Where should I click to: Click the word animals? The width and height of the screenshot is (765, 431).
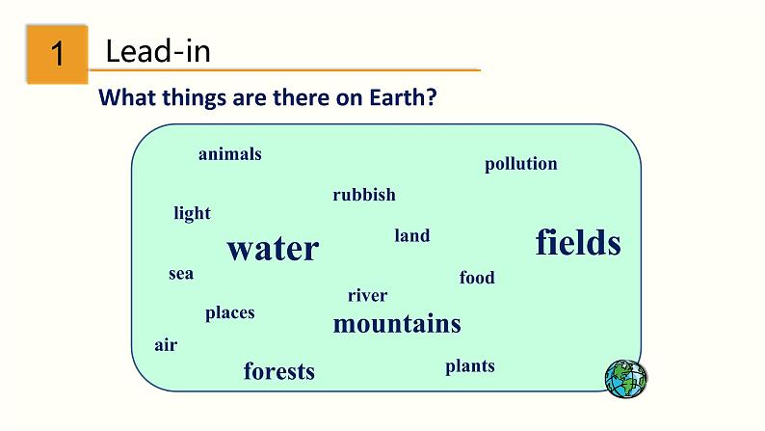click(x=230, y=154)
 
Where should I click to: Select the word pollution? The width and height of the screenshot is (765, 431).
click(x=520, y=164)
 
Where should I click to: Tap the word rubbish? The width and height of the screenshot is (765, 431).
click(x=364, y=194)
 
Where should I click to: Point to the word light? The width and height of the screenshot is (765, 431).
click(x=193, y=213)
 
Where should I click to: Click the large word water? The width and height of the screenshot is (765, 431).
click(x=273, y=248)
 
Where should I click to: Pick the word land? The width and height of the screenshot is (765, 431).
click(x=411, y=235)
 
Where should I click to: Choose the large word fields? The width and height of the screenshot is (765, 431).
click(x=578, y=242)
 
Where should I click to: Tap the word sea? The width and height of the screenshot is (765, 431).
click(x=181, y=273)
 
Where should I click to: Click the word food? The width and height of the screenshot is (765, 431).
click(x=477, y=278)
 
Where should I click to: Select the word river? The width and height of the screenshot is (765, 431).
click(x=367, y=295)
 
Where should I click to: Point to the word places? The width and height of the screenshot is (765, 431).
click(x=230, y=312)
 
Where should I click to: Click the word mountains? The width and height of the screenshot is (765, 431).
click(x=397, y=324)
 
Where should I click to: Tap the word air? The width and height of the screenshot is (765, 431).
click(x=166, y=345)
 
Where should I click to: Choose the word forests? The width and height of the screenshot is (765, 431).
click(x=279, y=371)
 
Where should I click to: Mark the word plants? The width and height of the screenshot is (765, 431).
click(x=470, y=366)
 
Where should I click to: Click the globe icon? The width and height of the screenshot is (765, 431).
click(x=625, y=379)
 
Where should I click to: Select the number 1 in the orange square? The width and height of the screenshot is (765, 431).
click(x=57, y=54)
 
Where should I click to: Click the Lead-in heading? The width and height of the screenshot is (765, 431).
click(x=158, y=51)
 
